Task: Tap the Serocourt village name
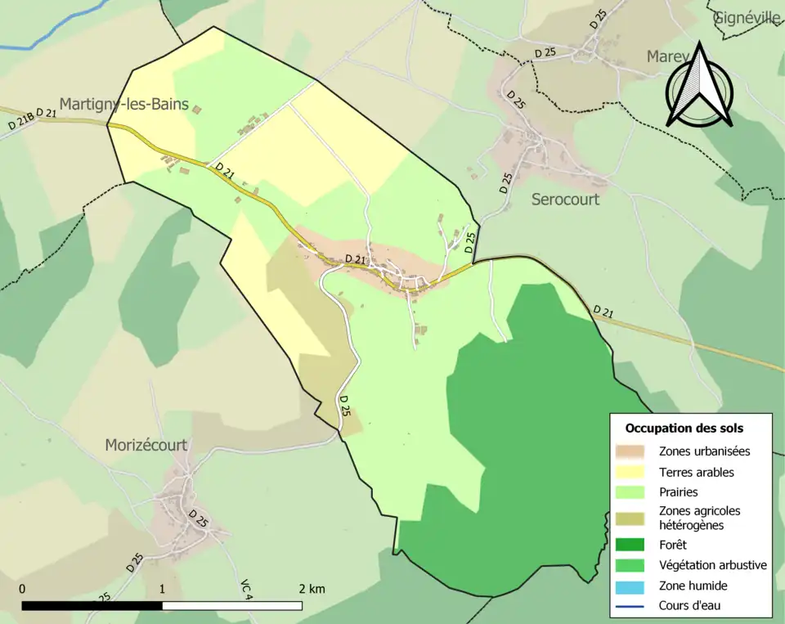point(565,200)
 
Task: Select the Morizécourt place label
point(146,445)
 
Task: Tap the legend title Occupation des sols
point(684,428)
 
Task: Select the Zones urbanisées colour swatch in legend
point(632,451)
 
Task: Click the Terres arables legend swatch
point(632,472)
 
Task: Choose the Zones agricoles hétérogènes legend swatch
point(632,518)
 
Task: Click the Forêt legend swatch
point(632,544)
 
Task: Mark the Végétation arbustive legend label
point(712,565)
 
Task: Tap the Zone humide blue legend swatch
point(632,586)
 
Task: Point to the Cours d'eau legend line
point(632,606)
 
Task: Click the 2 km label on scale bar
point(312,589)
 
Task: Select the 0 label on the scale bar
point(22,589)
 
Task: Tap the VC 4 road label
point(245,590)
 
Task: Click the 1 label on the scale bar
point(162,589)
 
